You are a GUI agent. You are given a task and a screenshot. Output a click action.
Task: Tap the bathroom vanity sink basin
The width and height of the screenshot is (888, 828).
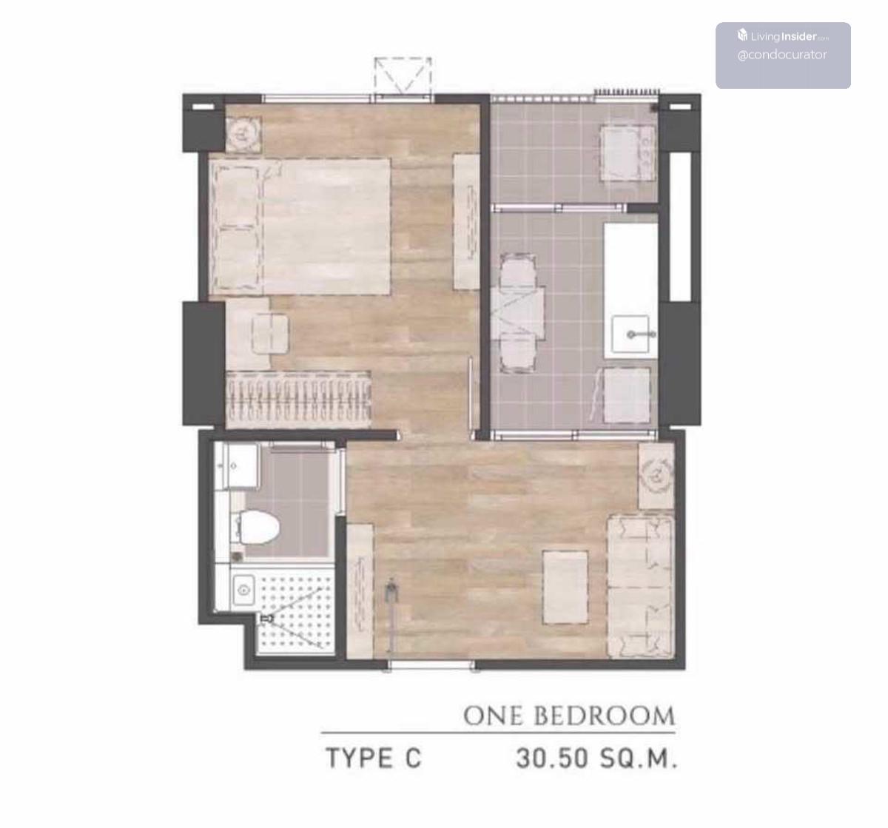coord(243,590)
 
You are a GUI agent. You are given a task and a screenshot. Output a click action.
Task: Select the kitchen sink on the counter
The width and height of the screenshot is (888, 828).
coord(630,334)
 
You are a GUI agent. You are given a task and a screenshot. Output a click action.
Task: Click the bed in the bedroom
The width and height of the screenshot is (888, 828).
coord(300,227)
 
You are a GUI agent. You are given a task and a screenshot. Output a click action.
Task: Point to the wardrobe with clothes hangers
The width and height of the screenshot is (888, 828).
coord(298,399)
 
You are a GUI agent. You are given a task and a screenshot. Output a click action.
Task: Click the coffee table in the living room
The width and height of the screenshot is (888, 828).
coord(565,588)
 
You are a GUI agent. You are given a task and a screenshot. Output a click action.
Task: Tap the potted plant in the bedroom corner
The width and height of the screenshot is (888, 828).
coord(243,133)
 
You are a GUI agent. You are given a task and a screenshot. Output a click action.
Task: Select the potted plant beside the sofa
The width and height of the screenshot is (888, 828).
coord(656,476)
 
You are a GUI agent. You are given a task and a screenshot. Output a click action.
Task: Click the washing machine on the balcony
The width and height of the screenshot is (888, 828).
coord(628,153)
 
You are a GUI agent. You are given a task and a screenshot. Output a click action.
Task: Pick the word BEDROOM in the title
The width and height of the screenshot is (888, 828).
coord(605,716)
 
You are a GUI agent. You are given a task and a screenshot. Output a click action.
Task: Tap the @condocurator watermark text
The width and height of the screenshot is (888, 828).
coord(782,55)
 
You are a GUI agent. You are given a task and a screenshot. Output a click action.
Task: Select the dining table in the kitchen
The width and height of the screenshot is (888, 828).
coord(518,314)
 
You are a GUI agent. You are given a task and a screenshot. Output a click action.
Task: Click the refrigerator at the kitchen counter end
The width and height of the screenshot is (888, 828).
coord(628,395)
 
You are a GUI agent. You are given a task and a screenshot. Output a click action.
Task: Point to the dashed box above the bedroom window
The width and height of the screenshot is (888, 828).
coord(403,75)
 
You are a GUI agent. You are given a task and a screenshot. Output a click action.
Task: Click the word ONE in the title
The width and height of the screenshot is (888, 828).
coord(494,716)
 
